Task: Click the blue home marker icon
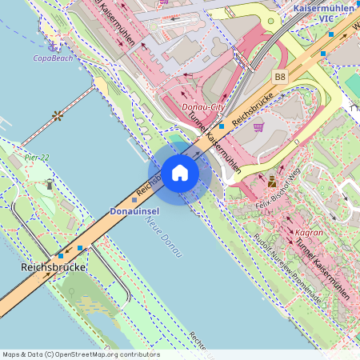[180, 172]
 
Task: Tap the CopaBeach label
[53, 58]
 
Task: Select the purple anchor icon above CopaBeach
[53, 45]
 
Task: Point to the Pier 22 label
[36, 157]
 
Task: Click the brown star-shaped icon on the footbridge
[58, 115]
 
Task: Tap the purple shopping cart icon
[258, 126]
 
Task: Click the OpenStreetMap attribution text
[80, 354]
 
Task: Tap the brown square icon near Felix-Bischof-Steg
[272, 180]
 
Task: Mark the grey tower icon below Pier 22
[50, 184]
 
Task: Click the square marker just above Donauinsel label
[134, 199]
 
